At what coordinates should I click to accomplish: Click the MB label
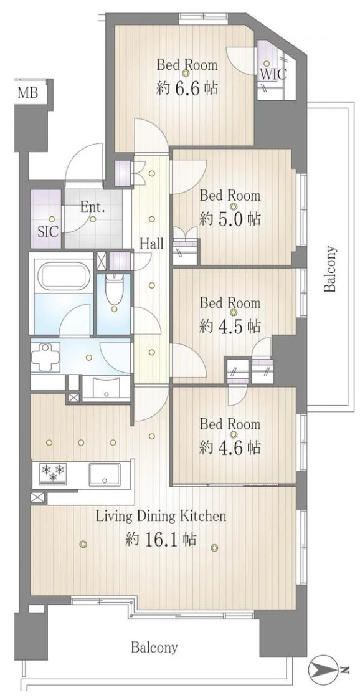(x=27, y=93)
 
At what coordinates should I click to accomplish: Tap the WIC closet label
(x=273, y=74)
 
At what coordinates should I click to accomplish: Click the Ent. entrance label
(x=93, y=207)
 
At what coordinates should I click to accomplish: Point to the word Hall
(x=152, y=244)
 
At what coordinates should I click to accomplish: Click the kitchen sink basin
(x=104, y=475)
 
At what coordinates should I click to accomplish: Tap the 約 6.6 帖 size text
(x=187, y=88)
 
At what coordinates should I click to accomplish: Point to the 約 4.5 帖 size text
(x=230, y=327)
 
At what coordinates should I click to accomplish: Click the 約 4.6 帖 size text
(x=230, y=447)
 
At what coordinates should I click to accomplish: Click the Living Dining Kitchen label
(x=162, y=517)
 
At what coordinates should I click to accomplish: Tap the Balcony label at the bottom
(x=154, y=647)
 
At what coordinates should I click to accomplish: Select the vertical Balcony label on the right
(x=329, y=269)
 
